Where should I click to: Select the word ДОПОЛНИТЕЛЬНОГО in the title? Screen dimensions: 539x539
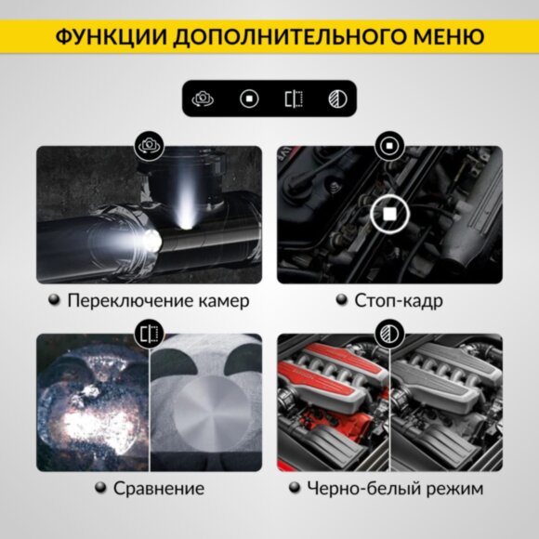(x=280, y=37)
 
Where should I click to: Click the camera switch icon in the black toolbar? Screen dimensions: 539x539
(x=204, y=98)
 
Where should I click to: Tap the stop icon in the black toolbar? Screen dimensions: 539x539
(x=248, y=98)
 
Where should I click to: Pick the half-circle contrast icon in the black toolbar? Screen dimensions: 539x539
(x=337, y=98)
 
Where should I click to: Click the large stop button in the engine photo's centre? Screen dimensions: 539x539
(x=389, y=215)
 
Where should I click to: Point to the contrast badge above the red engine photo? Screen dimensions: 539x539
(x=388, y=334)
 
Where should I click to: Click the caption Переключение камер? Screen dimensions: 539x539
(x=158, y=301)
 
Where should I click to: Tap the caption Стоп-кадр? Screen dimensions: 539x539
(x=399, y=301)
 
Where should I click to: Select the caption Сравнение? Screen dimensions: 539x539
(x=158, y=489)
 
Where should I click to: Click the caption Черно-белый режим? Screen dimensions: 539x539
(x=399, y=489)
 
